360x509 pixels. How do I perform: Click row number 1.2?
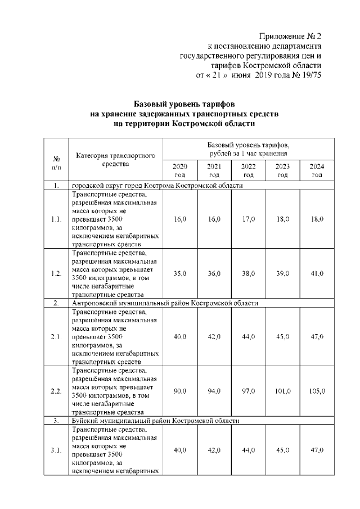(x=56, y=273)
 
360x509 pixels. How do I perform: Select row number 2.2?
(x=56, y=391)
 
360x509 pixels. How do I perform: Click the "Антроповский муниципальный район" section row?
(x=165, y=303)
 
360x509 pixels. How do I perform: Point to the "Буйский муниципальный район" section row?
(x=156, y=421)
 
